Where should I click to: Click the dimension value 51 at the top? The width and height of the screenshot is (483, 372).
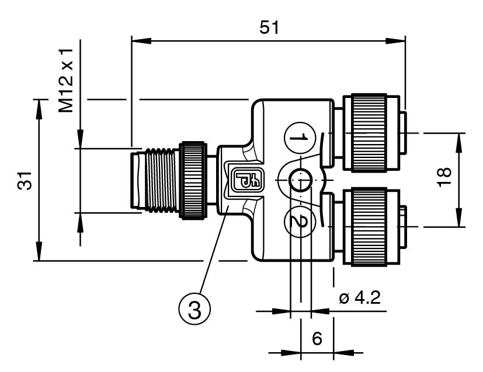coord(269,28)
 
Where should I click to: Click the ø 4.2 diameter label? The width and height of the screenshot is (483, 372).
coord(359,298)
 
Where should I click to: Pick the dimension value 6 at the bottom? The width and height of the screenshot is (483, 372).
coord(317,339)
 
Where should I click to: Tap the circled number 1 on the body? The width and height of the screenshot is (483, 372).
coord(299,138)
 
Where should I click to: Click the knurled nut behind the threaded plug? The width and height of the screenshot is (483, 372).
coord(192,180)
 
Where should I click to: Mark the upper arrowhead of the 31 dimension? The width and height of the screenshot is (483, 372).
coord(39,105)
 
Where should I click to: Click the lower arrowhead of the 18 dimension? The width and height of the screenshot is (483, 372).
coord(461,220)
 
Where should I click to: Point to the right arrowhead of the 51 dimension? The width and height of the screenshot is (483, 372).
coord(399,40)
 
